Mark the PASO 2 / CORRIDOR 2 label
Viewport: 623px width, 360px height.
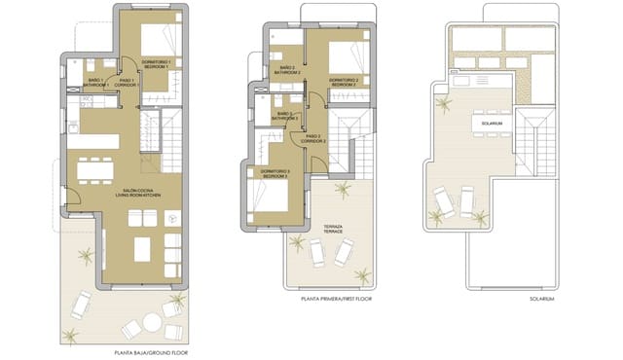[313, 139]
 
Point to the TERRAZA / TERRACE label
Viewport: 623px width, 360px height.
[329, 229]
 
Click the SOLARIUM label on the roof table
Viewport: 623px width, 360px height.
[494, 124]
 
